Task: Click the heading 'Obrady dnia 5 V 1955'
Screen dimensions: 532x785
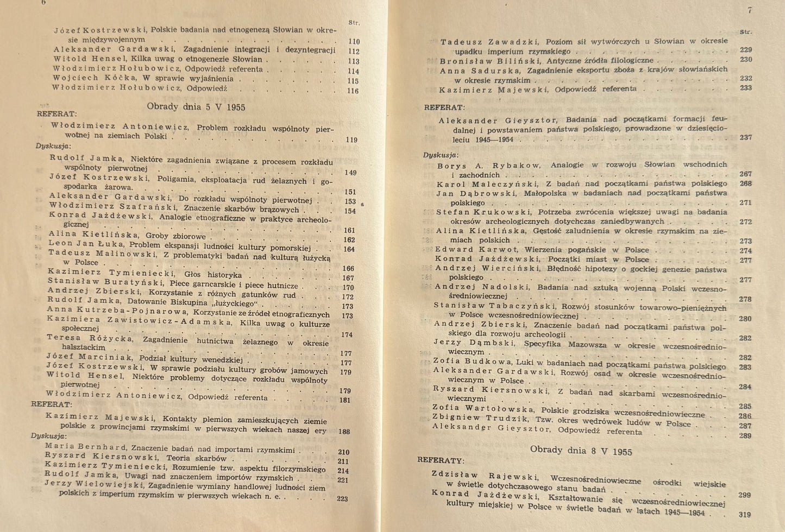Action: [196, 106]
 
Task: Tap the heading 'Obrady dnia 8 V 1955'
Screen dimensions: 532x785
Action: [581, 450]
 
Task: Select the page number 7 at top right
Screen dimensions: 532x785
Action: [749, 10]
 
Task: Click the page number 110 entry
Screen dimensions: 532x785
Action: [353, 41]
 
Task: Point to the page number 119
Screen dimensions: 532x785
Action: [351, 140]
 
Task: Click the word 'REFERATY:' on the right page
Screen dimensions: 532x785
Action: [441, 460]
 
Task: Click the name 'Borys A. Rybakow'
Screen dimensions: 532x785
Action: [489, 166]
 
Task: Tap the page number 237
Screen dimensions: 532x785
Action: [745, 137]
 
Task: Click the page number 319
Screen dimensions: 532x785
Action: [744, 515]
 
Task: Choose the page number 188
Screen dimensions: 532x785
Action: [343, 432]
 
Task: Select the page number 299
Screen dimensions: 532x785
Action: [744, 495]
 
